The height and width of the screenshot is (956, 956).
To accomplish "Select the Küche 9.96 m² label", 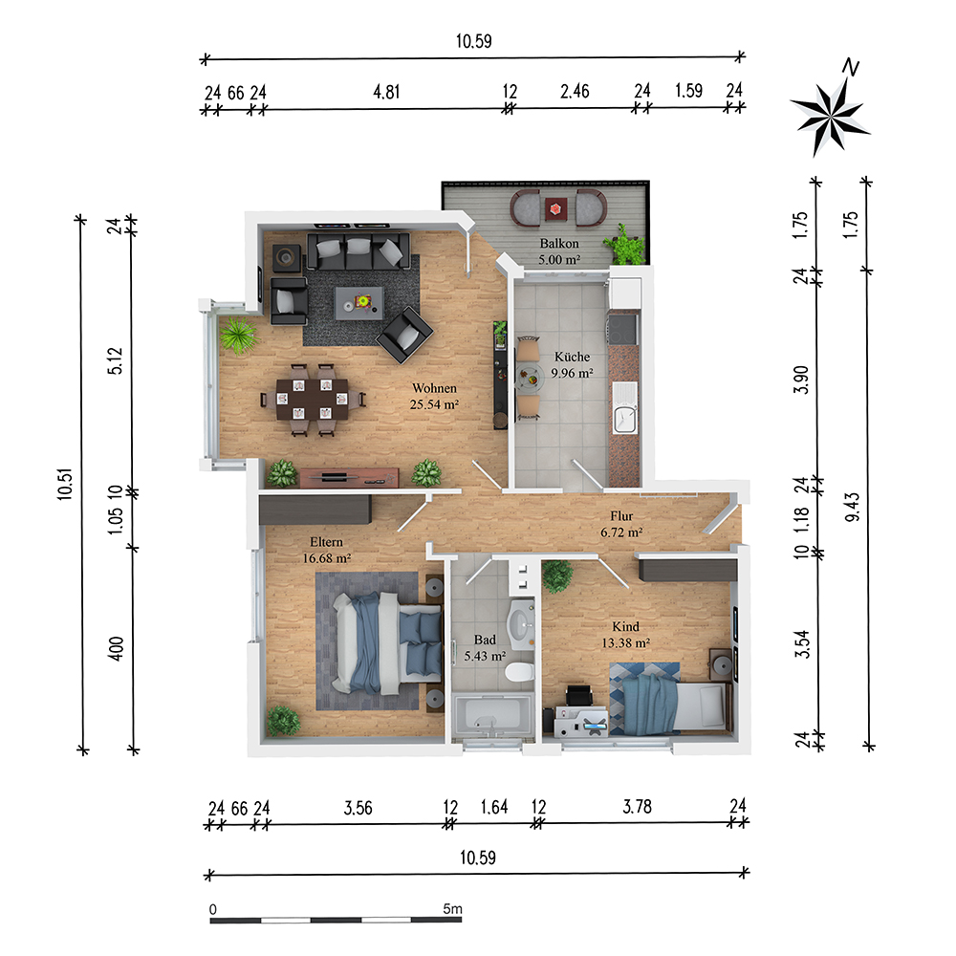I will click(x=572, y=365).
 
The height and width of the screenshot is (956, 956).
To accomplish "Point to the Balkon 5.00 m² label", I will click(x=559, y=251).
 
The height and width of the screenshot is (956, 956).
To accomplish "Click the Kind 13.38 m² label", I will click(x=626, y=635).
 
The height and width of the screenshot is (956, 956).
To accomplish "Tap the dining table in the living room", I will click(x=312, y=399).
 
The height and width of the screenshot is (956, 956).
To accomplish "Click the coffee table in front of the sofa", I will click(x=361, y=303).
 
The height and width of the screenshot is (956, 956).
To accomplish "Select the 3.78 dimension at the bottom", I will click(x=637, y=806).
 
